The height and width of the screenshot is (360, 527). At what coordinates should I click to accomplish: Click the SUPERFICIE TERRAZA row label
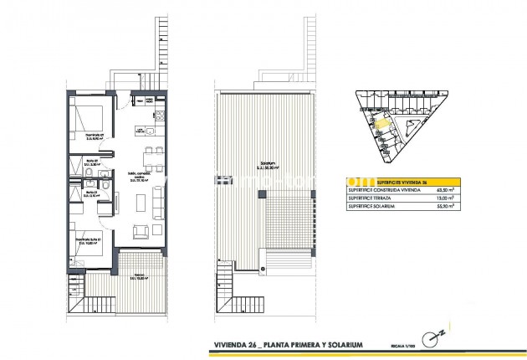click(369, 199)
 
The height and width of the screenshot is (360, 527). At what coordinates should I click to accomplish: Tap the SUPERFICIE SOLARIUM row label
click(371, 208)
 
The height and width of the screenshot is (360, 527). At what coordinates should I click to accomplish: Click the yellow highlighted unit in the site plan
click(381, 125)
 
